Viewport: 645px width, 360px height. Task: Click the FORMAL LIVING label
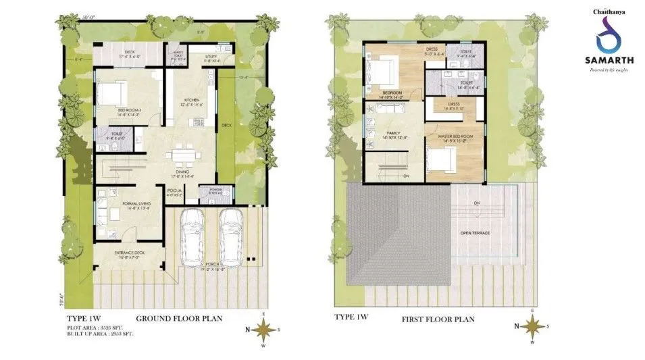137,203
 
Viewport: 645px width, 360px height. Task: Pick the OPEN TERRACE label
475,233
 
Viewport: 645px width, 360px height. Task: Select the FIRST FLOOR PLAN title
439,318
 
